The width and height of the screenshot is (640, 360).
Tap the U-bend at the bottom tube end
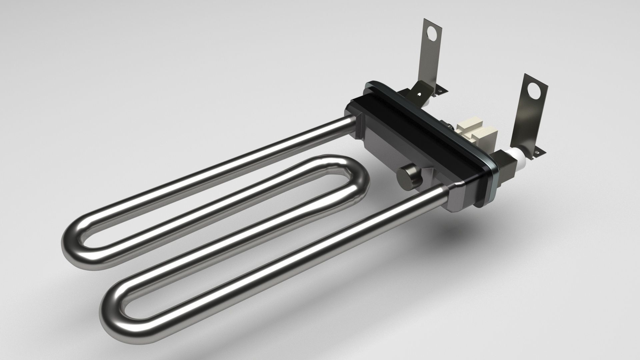point(113,313)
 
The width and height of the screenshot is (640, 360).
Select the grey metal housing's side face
point(383,150)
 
